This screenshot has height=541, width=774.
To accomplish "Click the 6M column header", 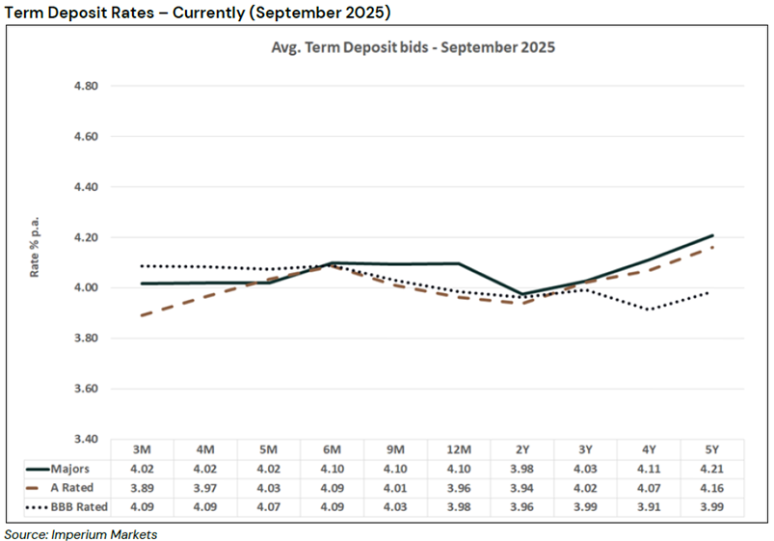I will tap(334, 450).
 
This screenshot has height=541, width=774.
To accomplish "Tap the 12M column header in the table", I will tap(459, 450).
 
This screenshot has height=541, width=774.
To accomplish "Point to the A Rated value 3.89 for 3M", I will tap(144, 488).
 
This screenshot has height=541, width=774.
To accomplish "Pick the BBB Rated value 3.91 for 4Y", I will tap(648, 506).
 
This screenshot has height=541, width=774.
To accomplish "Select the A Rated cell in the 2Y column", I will tap(521, 488).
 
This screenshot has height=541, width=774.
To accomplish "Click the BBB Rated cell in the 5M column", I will tap(270, 506).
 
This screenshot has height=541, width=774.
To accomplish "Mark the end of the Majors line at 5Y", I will tap(713, 234).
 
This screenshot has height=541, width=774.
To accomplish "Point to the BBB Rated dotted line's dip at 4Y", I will tap(648, 310).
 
